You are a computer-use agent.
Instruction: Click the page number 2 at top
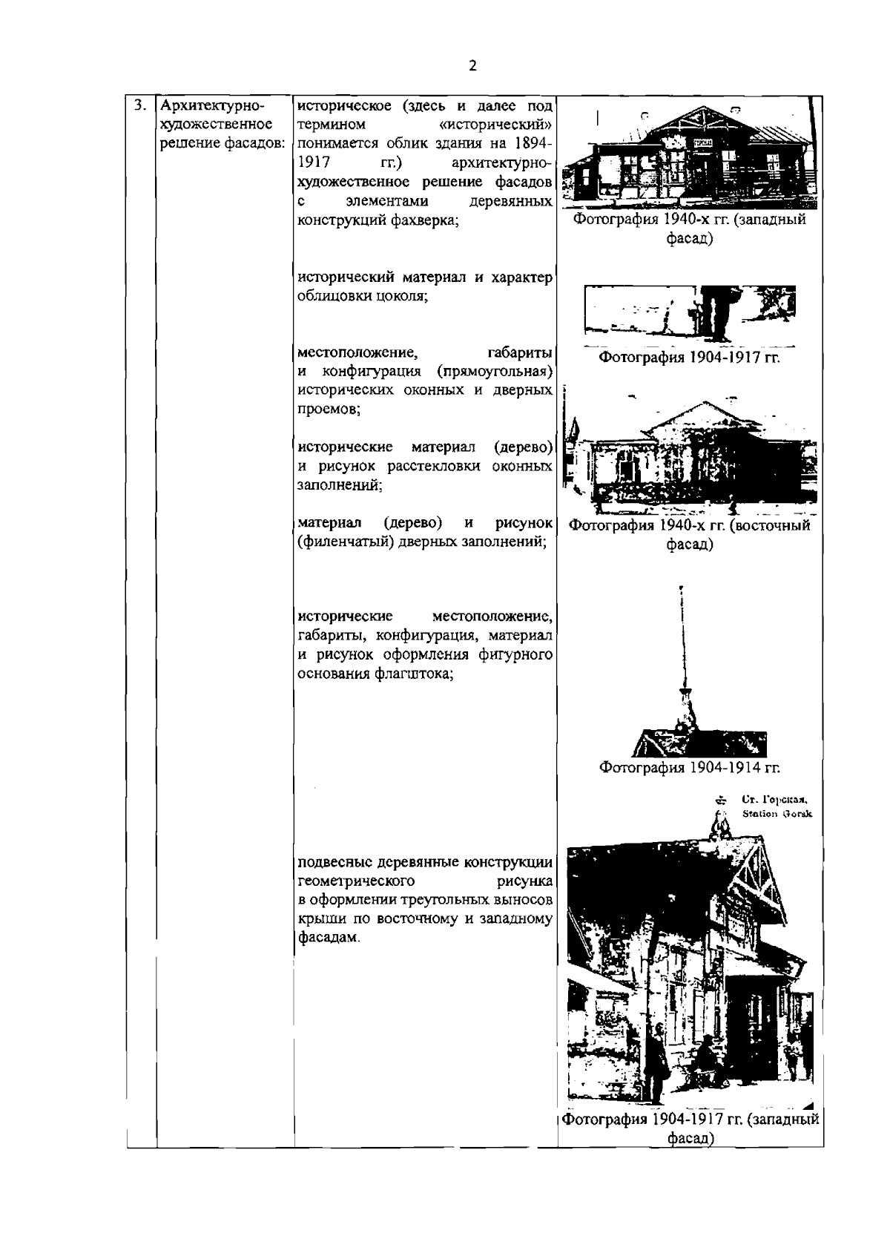[473, 65]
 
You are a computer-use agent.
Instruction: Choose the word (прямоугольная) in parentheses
[495, 371]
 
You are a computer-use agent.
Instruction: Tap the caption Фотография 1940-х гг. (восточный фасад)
[690, 535]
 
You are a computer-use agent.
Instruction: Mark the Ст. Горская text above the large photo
[774, 800]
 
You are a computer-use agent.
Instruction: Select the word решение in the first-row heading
[185, 142]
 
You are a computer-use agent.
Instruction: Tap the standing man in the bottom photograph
[656, 1062]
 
